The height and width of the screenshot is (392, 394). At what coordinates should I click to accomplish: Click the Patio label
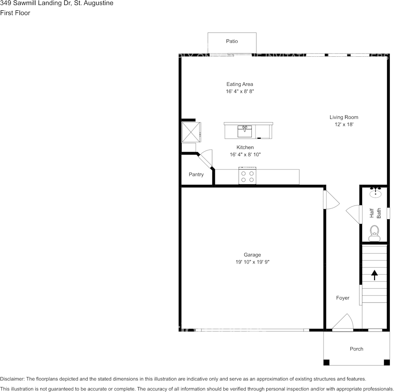(x=232, y=41)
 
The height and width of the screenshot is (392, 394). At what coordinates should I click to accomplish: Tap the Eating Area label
(x=239, y=84)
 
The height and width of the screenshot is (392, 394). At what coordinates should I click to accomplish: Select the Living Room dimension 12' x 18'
(x=344, y=124)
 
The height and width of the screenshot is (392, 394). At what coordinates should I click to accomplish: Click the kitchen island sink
(x=244, y=131)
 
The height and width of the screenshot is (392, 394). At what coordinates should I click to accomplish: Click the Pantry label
(x=196, y=174)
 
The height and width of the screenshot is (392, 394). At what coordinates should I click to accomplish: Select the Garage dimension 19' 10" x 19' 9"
(x=252, y=262)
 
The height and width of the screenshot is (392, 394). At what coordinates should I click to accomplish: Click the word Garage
(x=252, y=255)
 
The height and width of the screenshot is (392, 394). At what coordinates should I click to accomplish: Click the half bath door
(x=354, y=214)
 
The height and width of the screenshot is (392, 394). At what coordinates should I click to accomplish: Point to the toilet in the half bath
(x=375, y=232)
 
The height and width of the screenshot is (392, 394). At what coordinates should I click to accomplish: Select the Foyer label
(x=343, y=298)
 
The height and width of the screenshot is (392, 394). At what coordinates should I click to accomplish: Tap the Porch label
(x=356, y=349)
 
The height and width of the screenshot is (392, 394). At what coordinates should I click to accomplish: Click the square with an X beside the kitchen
(x=191, y=132)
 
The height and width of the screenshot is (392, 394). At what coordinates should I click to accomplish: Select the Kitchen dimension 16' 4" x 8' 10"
(x=245, y=155)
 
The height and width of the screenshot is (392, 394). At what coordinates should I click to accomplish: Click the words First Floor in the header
(x=15, y=13)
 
